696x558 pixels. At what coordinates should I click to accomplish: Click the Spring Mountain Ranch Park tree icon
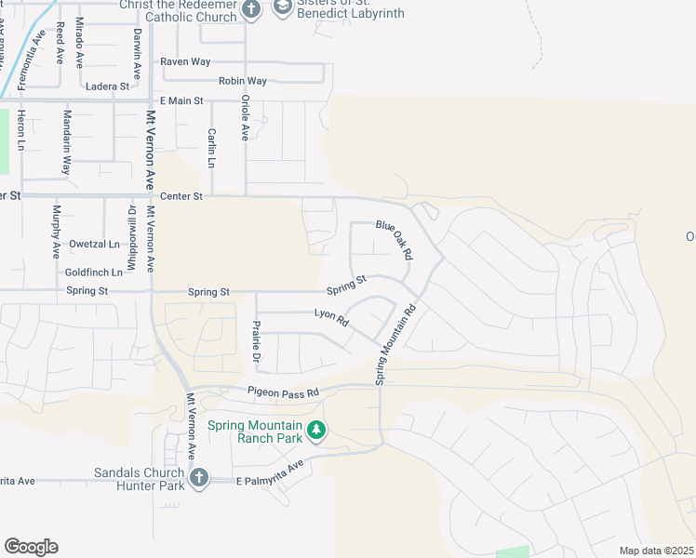point(316,430)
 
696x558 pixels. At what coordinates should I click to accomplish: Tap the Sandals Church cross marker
point(197,478)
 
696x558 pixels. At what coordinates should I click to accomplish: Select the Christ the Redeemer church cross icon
point(250,10)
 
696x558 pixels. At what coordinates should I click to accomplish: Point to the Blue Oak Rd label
point(394,239)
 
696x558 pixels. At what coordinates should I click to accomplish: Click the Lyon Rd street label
point(330,317)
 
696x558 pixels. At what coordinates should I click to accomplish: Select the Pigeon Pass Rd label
point(283,392)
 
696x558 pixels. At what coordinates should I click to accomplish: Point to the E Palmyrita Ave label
point(270,474)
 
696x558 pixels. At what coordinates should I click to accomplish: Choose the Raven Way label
point(185,61)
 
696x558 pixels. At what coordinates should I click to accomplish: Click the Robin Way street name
point(242,81)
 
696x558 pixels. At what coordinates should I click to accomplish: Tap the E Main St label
point(181,100)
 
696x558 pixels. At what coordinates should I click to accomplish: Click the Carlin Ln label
point(212,148)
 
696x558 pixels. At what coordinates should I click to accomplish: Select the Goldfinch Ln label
point(94,272)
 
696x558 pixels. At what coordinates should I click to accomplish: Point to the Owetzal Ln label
point(95,245)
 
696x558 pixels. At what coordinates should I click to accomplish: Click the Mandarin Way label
point(66,142)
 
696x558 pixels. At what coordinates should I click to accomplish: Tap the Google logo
point(31,546)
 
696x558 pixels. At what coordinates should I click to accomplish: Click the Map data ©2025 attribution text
point(655,551)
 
